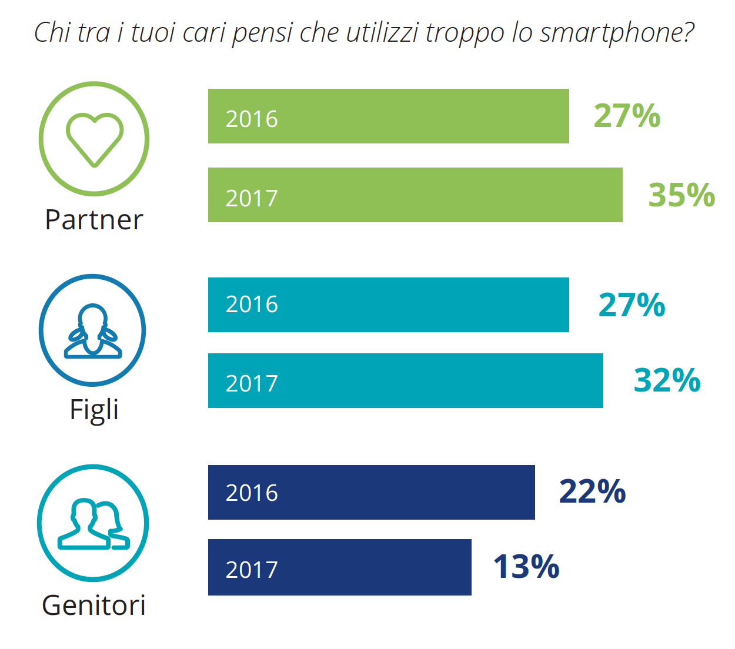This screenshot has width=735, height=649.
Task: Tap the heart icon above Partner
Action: pos(94,139)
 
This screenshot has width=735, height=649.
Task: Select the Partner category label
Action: pos(94,220)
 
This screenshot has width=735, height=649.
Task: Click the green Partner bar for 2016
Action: pos(388,116)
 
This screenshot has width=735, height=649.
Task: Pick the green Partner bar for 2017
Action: pos(415,195)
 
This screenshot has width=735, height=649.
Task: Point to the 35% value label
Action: pos(681,195)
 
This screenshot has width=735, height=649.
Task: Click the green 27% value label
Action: pos(627,116)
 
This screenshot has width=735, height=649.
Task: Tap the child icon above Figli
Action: pos(93,330)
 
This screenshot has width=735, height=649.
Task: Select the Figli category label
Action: pos(94,410)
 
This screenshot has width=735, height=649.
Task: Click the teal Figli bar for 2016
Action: pos(388,305)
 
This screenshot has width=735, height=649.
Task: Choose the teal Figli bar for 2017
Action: pos(406,381)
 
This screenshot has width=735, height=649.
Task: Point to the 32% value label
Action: pos(667,380)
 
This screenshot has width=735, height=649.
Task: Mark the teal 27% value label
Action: pos(632,305)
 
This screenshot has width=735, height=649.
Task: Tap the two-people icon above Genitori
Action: pos(93,523)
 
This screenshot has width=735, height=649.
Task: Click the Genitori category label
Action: pos(94,605)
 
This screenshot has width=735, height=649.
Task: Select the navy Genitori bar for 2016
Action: pos(372,493)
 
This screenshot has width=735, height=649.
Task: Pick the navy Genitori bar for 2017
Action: pos(340,567)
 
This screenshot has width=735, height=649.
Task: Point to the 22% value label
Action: pos(592,491)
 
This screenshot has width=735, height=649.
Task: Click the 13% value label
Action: pos(526,567)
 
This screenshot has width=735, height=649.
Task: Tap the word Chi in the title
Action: pos(52,32)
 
